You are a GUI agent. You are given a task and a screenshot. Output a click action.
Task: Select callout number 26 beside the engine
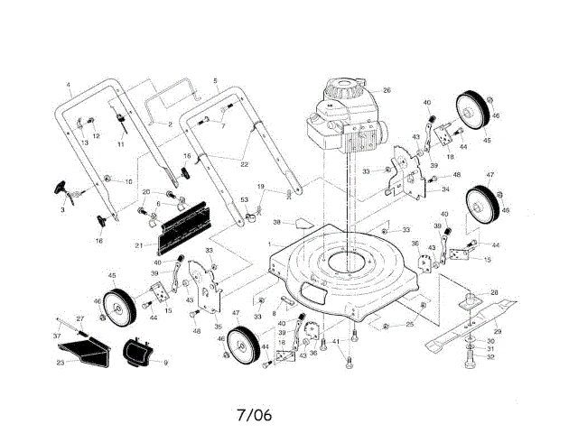point(387,90)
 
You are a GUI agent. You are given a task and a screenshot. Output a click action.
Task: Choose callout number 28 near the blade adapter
point(494,293)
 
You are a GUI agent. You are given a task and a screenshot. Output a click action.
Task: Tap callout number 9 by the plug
point(165,362)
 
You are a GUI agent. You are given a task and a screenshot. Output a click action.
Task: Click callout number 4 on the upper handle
point(69,85)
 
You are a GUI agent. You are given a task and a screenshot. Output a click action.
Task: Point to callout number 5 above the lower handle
point(215,81)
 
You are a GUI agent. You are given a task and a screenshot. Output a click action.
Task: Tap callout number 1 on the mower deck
point(268,244)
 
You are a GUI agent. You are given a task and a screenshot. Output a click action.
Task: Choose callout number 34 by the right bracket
point(445,189)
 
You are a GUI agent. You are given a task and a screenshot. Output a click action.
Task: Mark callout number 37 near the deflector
point(57,336)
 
